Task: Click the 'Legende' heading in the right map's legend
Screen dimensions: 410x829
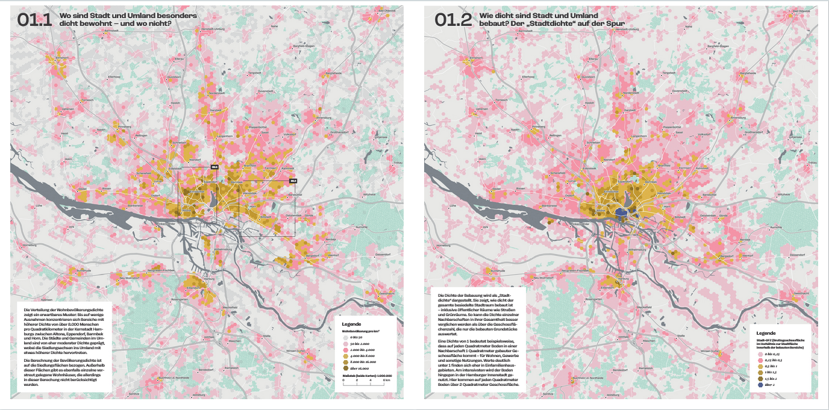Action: (x=766, y=334)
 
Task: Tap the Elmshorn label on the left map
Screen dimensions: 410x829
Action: (x=62, y=58)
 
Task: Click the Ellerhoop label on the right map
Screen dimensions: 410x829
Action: (x=528, y=76)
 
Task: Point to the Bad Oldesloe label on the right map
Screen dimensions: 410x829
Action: (x=801, y=11)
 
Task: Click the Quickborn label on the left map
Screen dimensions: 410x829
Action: (x=174, y=77)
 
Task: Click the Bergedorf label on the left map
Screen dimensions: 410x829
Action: (x=313, y=255)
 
